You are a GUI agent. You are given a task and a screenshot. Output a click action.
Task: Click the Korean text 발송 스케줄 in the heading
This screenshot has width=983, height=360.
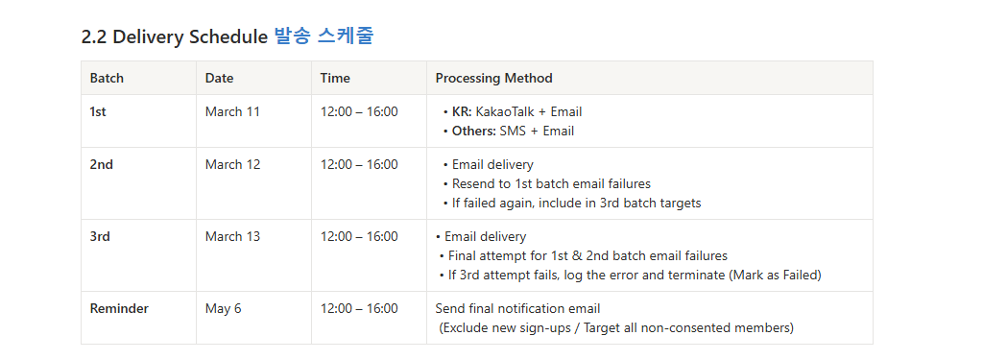click(x=324, y=36)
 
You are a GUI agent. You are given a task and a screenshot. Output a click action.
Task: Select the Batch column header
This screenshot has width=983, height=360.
click(x=108, y=79)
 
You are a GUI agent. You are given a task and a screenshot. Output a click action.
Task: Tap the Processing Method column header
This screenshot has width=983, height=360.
click(x=494, y=79)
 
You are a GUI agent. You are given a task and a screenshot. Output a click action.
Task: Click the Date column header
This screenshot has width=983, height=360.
click(x=220, y=79)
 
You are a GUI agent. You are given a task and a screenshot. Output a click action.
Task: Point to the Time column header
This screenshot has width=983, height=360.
click(x=335, y=79)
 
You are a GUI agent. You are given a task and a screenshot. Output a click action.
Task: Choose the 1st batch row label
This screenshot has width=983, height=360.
click(x=98, y=111)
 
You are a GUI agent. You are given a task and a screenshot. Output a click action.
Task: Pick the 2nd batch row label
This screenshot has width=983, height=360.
click(x=102, y=164)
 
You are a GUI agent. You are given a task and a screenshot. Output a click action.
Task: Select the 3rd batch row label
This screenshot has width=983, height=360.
click(x=100, y=236)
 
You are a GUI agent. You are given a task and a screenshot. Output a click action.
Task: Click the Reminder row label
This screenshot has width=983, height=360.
click(x=119, y=308)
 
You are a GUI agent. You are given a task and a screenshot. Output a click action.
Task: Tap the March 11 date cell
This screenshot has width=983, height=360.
click(x=232, y=111)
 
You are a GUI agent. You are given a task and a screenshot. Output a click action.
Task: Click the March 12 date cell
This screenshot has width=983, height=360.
click(x=232, y=164)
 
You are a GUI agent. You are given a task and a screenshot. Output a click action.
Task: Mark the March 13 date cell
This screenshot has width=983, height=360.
click(x=232, y=236)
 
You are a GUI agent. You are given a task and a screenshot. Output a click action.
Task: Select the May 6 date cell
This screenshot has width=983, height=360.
click(x=223, y=308)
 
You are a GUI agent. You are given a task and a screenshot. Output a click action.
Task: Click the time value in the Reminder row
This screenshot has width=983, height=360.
click(x=359, y=308)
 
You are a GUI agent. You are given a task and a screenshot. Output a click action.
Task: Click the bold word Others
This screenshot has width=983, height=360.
click(x=474, y=132)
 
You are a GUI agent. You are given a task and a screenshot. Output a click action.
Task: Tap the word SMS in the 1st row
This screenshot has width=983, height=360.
click(x=513, y=132)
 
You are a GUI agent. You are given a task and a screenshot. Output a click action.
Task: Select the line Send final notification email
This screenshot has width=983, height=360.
click(x=517, y=308)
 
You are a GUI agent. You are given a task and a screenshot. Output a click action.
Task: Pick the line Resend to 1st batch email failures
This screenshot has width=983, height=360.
click(x=551, y=183)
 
